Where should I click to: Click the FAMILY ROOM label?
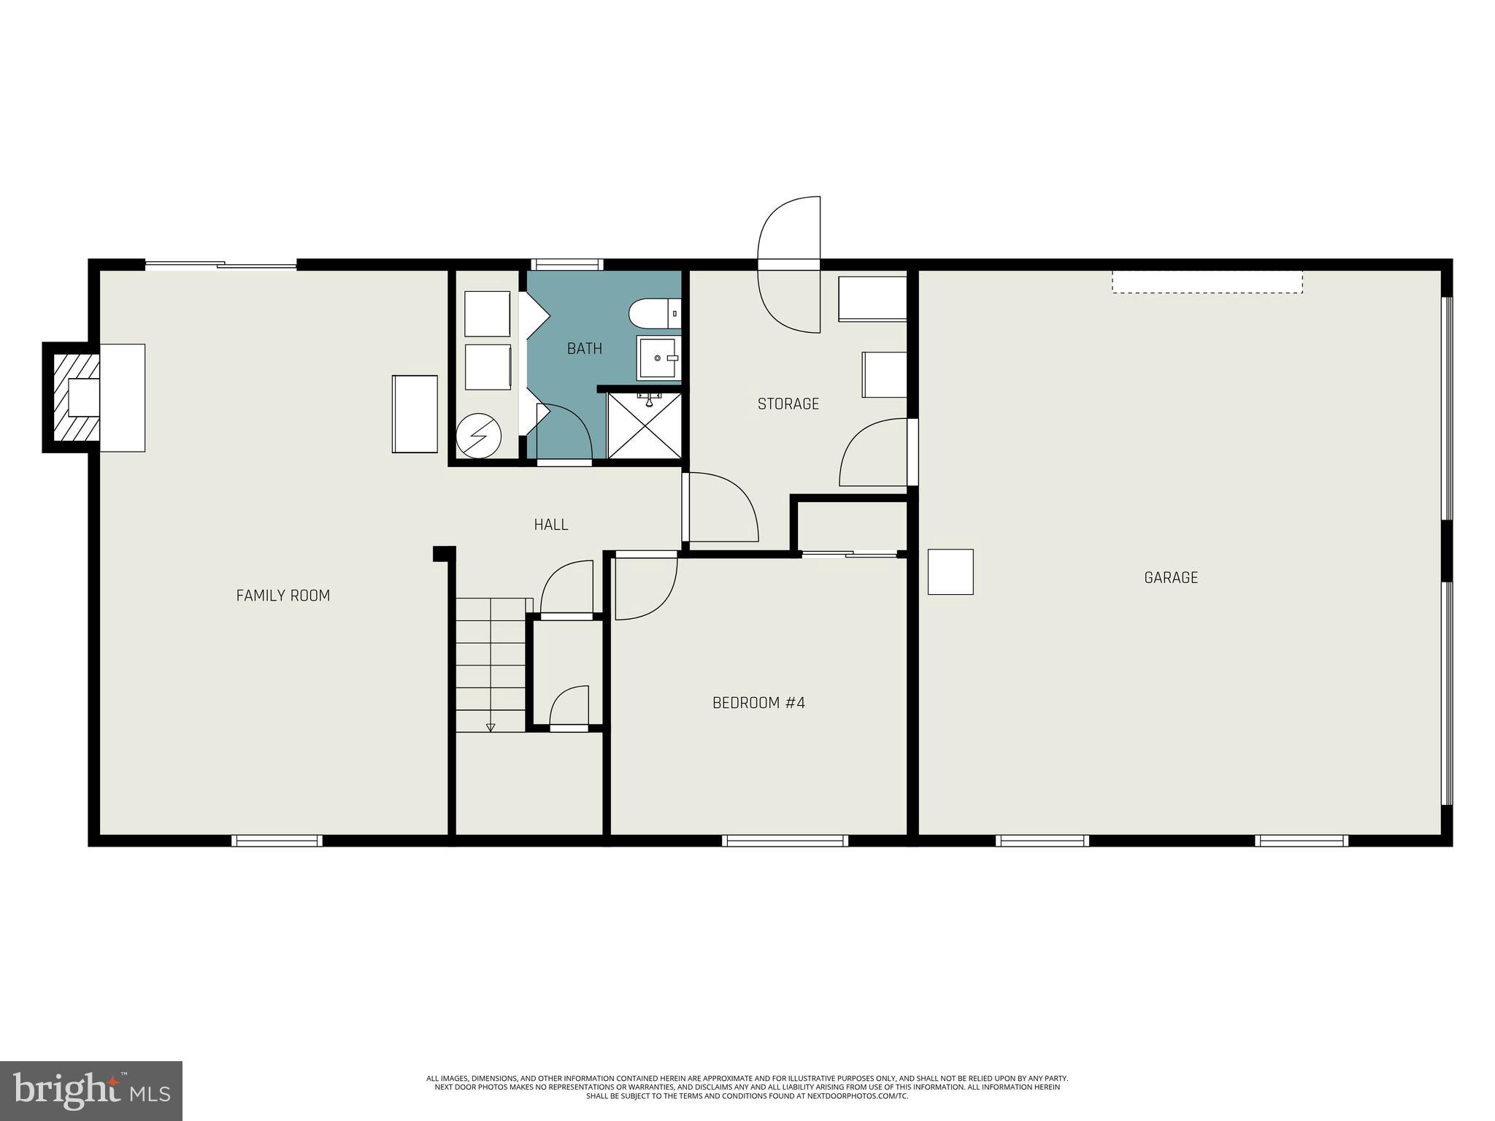(x=283, y=596)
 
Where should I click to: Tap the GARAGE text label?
(x=1171, y=578)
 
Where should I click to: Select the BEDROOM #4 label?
(x=758, y=703)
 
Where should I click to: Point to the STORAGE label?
(x=788, y=404)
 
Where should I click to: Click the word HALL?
(x=550, y=524)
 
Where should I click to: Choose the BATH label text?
(x=585, y=348)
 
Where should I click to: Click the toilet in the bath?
(x=654, y=313)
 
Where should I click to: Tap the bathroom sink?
(x=658, y=358)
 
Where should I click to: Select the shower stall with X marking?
(x=644, y=426)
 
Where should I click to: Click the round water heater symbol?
(x=479, y=436)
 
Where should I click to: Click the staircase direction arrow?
(x=491, y=726)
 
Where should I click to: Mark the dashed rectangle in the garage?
(x=1207, y=282)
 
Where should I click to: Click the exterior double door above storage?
(x=789, y=264)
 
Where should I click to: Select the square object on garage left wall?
(x=950, y=571)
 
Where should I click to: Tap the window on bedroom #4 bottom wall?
(x=785, y=841)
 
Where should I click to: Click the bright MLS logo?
(x=91, y=1090)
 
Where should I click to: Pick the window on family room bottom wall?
(x=277, y=841)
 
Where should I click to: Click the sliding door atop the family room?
(x=221, y=265)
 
